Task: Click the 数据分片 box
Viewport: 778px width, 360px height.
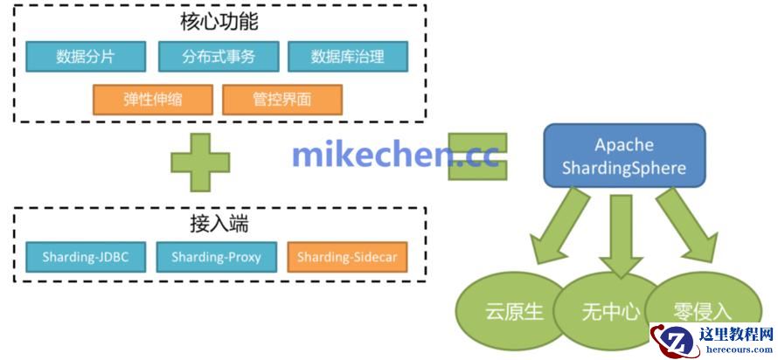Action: point(86,57)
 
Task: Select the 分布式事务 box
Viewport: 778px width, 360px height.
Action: point(219,57)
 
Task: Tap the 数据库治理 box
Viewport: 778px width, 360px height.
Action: point(348,57)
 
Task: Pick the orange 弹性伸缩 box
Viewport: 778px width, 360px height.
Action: point(153,100)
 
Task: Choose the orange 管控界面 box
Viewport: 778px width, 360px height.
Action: point(282,100)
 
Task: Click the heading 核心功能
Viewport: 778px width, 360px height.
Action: point(219,23)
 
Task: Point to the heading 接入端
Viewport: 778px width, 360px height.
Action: point(219,225)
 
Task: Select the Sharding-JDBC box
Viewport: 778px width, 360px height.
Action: point(86,257)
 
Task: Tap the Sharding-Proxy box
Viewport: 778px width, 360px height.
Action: point(216,257)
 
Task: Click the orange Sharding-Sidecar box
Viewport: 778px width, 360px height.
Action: point(347,257)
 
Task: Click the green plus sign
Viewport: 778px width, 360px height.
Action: point(200,163)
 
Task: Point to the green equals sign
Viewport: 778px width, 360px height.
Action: point(477,156)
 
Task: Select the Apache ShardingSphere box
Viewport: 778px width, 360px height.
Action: point(625,156)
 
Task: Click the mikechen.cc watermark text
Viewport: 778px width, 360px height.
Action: point(395,155)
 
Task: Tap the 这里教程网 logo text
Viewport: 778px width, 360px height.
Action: point(736,334)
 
